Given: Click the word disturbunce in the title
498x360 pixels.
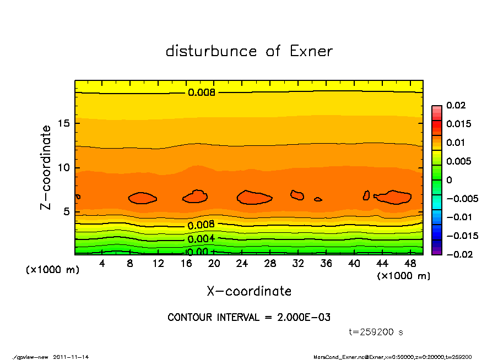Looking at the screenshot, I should (x=212, y=51).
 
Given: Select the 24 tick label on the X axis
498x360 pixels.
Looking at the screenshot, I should (x=243, y=264).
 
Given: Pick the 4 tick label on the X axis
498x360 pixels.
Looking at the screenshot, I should (x=102, y=264).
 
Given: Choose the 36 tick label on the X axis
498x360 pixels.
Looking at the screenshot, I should (x=327, y=264).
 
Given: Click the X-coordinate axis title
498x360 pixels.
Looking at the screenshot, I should (x=249, y=291).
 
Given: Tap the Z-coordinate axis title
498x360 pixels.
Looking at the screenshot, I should (x=46, y=167).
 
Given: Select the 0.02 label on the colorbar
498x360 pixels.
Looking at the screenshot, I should (x=456, y=105).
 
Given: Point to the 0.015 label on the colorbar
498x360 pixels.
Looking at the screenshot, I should (x=458, y=124).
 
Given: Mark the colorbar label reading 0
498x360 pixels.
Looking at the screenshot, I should (x=449, y=180).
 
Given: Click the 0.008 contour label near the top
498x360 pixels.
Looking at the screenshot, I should (x=202, y=92).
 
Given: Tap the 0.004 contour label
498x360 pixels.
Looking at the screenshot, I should (x=201, y=239).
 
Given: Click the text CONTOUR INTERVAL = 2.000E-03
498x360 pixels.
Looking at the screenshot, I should (x=249, y=318).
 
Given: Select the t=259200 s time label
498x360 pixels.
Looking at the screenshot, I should (x=376, y=332).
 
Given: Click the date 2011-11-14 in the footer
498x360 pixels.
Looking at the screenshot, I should (x=71, y=357).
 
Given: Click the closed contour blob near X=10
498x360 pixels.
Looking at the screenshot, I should (x=142, y=198).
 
